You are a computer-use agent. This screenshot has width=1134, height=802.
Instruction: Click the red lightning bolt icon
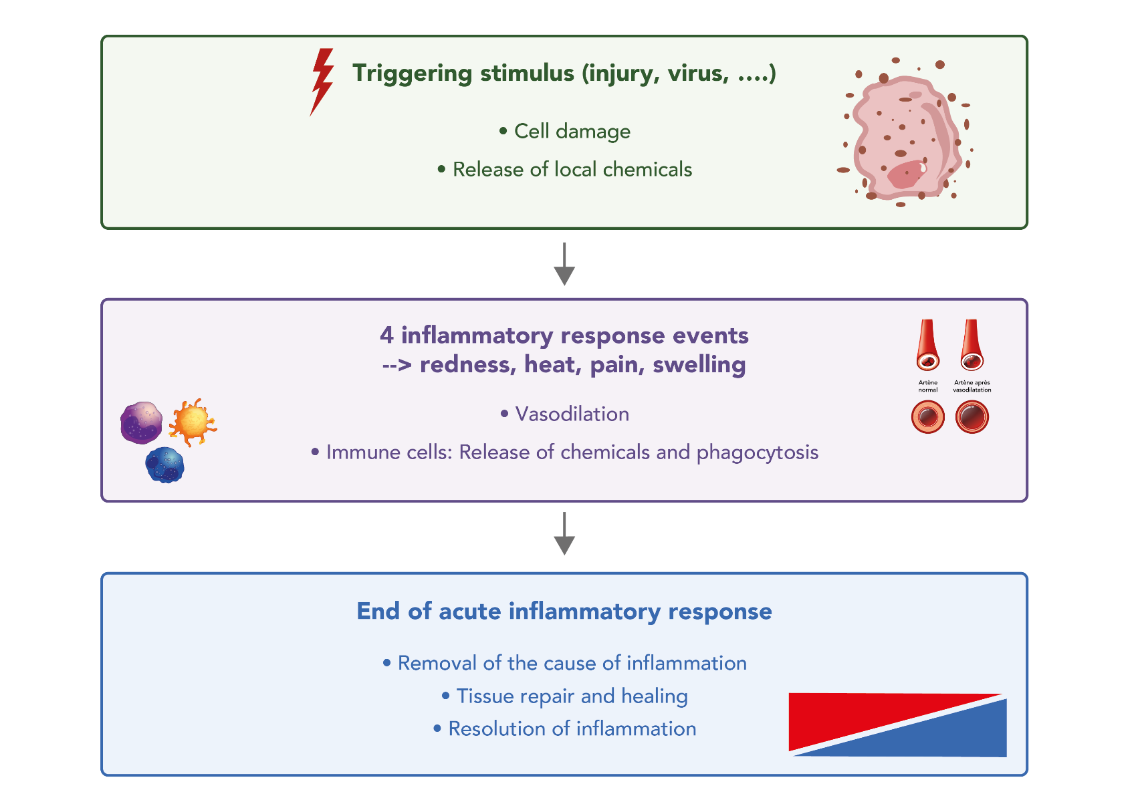click(x=322, y=81)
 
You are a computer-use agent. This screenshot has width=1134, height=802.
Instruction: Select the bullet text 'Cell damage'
click(x=572, y=132)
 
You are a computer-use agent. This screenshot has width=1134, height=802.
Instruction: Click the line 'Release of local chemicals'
click(x=572, y=170)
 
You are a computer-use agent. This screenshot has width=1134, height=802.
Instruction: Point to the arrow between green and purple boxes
click(x=564, y=265)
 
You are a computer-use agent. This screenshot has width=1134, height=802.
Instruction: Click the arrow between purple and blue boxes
click(x=564, y=534)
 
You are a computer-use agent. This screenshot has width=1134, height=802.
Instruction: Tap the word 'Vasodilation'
click(x=572, y=414)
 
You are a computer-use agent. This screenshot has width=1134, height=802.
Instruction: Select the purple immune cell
click(x=141, y=423)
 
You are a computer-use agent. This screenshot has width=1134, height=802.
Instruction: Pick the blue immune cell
click(x=165, y=465)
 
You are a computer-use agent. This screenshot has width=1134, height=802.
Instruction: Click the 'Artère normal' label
click(x=927, y=386)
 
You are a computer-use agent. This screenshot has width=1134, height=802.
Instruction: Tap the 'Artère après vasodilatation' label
click(x=972, y=386)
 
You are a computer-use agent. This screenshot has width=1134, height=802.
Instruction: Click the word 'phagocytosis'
click(x=758, y=452)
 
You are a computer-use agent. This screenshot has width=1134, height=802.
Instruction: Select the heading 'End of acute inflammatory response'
click(x=564, y=612)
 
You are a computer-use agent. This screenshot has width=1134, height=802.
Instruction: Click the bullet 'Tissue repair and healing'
click(x=572, y=696)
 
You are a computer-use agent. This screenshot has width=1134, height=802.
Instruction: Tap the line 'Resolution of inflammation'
click(x=572, y=729)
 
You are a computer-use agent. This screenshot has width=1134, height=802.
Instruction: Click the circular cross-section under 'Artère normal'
click(x=927, y=417)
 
